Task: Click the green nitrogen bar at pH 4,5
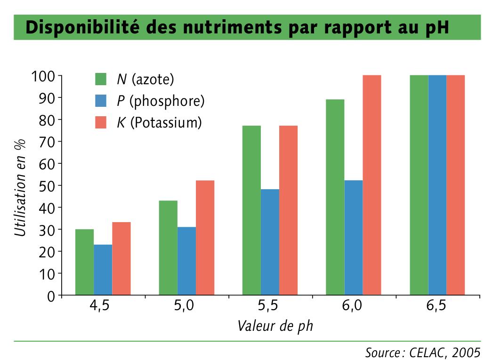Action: pos(84,262)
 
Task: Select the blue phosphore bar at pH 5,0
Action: pos(186,261)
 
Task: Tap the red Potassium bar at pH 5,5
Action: pos(288,210)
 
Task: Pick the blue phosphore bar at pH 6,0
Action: pos(354,238)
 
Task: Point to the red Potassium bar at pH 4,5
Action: pos(121,259)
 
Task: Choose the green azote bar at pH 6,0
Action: pos(335,197)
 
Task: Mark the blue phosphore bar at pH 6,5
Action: pos(437,185)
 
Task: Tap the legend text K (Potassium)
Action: pos(159,123)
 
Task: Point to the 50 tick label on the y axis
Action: pos(45,185)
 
